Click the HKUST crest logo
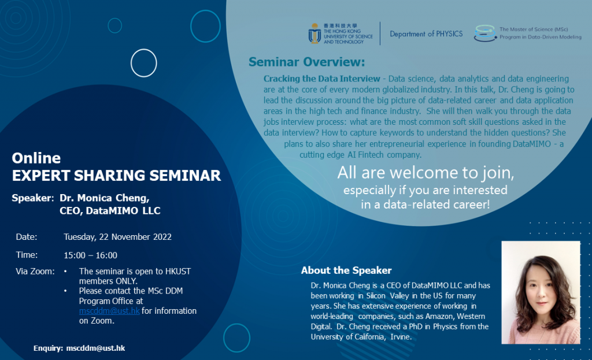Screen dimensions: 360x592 click(314, 34)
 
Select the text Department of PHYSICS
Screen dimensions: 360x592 click(426, 34)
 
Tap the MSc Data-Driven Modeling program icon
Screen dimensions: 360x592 click(484, 34)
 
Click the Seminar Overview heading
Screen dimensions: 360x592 click(307, 62)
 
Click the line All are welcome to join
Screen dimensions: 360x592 click(426, 173)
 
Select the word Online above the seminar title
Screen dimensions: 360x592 click(36, 158)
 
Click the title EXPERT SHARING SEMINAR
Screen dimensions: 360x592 click(116, 176)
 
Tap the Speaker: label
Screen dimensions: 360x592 click(32, 198)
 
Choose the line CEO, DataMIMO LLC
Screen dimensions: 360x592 click(110, 211)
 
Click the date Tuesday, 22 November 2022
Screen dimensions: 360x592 click(117, 237)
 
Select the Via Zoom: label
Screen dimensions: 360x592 click(35, 271)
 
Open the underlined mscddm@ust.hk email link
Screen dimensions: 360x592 click(109, 311)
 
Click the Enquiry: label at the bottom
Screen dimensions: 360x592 click(49, 348)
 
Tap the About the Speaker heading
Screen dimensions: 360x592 click(346, 270)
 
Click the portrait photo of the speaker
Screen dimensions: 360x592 click(541, 292)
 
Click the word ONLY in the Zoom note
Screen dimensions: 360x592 click(105, 281)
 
